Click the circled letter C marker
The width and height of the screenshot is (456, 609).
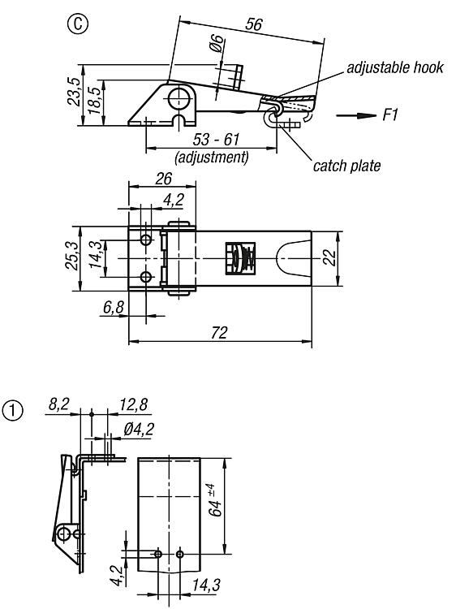click(78, 24)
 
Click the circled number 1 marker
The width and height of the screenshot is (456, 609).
click(13, 411)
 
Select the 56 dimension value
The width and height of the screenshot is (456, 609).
click(254, 24)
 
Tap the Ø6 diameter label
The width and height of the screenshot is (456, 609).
click(217, 44)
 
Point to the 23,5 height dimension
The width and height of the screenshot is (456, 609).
click(74, 92)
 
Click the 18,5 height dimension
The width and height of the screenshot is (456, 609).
click(94, 100)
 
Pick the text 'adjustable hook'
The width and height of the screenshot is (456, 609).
click(395, 67)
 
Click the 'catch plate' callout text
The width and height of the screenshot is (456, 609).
click(346, 166)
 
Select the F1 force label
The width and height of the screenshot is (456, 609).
click(390, 115)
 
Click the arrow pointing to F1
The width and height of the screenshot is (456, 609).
click(356, 116)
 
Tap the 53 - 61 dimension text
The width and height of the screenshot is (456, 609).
click(216, 140)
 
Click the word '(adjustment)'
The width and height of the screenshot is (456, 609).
click(212, 158)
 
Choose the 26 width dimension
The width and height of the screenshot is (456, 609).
click(163, 179)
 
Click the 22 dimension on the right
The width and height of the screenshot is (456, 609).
click(330, 257)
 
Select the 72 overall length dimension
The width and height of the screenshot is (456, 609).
click(219, 333)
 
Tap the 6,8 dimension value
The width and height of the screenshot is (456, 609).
click(114, 307)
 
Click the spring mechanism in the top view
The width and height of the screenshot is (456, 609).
click(240, 258)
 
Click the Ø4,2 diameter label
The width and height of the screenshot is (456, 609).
click(139, 430)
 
